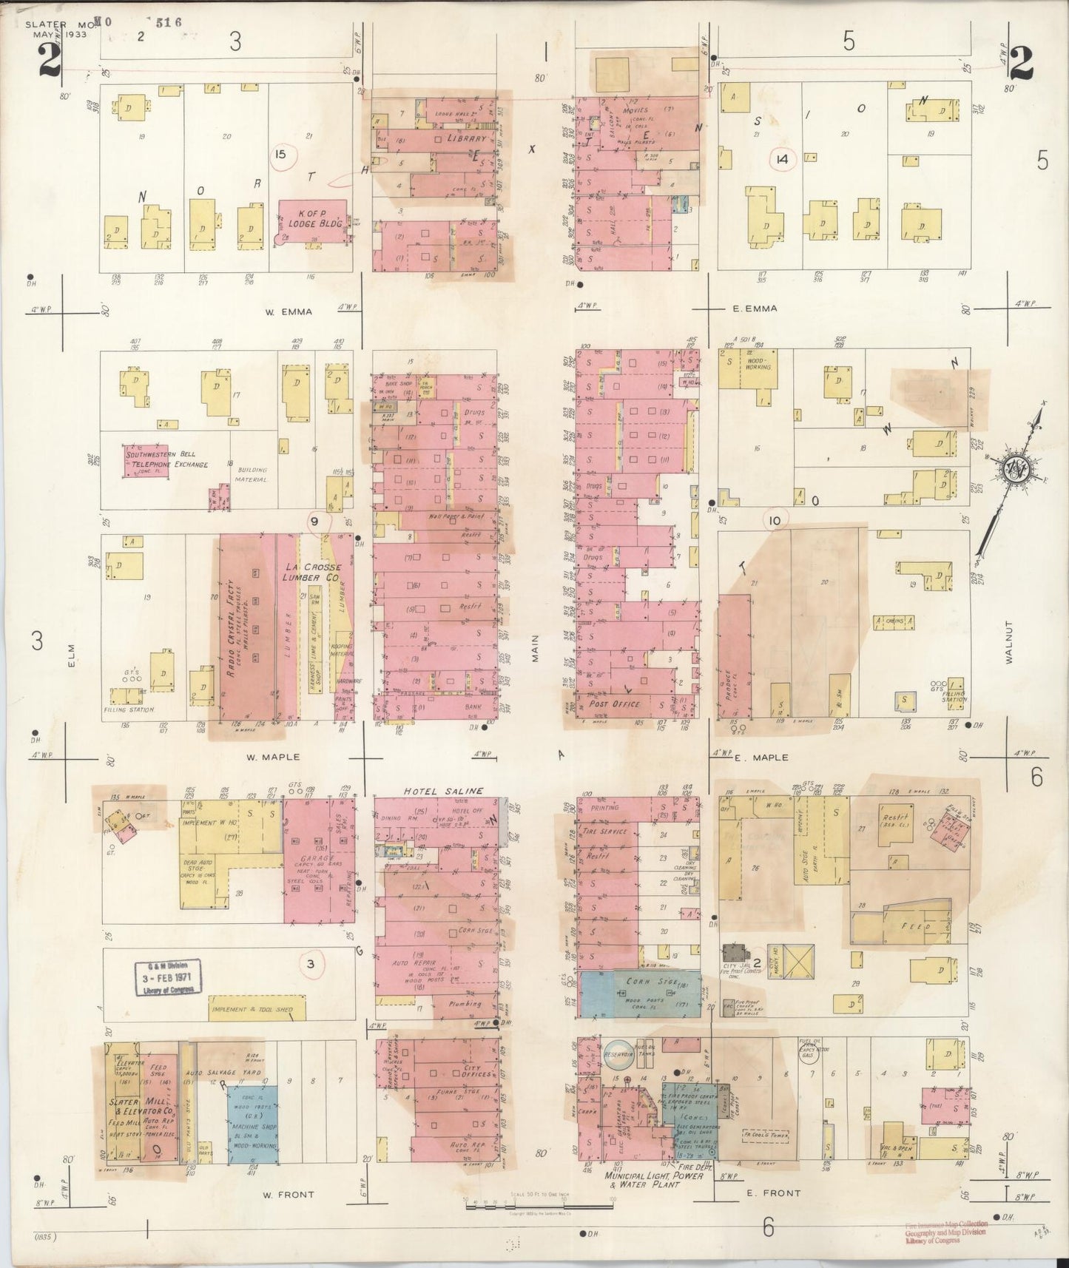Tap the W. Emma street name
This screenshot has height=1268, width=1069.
tap(289, 311)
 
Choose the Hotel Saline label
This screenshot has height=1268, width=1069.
tap(443, 791)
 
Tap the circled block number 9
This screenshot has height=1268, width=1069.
tap(314, 521)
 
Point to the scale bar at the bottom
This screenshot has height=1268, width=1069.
tap(539, 1206)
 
